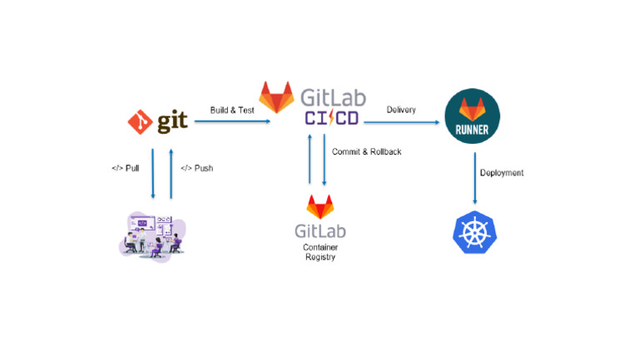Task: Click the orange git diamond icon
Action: [140, 121]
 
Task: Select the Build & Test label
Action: [232, 110]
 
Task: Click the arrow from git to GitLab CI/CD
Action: [233, 121]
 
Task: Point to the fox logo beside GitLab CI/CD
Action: [277, 97]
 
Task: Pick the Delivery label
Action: [401, 110]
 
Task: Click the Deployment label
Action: [502, 173]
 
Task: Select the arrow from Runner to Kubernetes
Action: [475, 177]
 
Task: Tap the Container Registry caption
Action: [320, 252]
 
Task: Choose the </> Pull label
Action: [126, 168]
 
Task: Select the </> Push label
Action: [197, 168]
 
